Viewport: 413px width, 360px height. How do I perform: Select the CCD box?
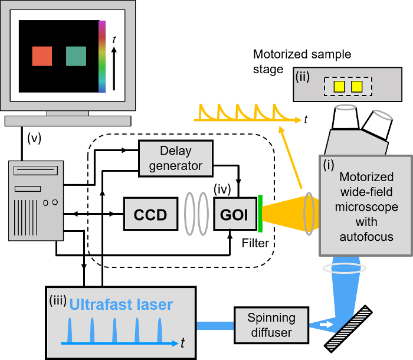150,214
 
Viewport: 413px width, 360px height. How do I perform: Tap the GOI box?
235,214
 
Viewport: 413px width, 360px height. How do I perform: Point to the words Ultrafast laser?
122,305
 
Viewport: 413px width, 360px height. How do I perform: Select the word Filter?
255,243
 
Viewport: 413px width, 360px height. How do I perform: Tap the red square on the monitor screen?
42,56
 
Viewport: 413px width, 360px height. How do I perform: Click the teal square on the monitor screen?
76,56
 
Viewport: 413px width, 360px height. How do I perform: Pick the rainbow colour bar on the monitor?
102,57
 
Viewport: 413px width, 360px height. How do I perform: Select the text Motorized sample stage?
302,62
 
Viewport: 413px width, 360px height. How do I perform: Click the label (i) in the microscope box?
328,166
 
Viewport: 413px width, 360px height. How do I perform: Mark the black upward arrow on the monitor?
114,68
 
